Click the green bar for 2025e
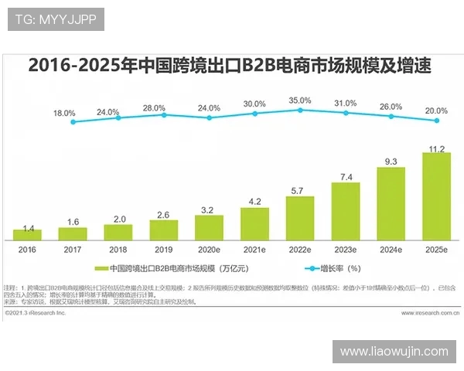click(436, 196)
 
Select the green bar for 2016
click(27, 234)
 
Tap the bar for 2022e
click(300, 218)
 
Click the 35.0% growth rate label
click(300, 100)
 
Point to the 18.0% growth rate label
click(64, 113)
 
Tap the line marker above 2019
click(164, 114)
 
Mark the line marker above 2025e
click(437, 121)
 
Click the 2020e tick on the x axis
click(209, 250)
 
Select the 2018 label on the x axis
click(118, 250)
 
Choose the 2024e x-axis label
click(391, 250)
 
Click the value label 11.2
click(436, 148)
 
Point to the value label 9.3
click(391, 162)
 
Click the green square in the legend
click(100, 269)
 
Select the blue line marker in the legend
click(312, 269)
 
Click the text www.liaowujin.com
click(394, 352)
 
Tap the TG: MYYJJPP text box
click(56, 19)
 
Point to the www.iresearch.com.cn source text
click(424, 314)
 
